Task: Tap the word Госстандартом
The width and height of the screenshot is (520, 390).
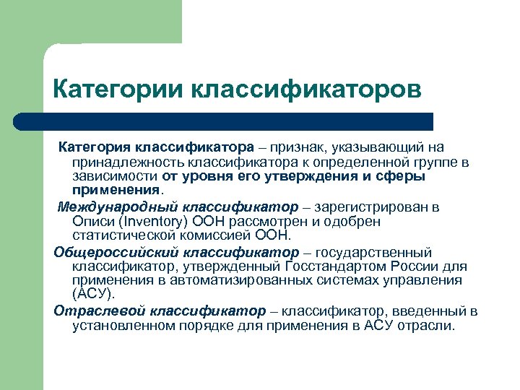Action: click(x=344, y=266)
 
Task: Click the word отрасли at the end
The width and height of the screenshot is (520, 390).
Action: click(x=431, y=325)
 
